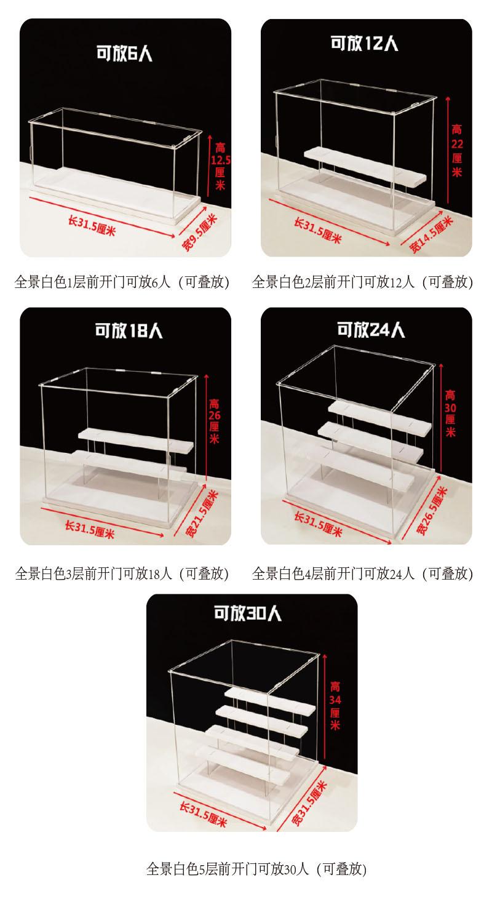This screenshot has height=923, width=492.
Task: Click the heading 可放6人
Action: [x=124, y=54]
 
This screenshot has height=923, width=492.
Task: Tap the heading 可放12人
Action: [x=364, y=43]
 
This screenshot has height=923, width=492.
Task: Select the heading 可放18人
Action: [x=129, y=330]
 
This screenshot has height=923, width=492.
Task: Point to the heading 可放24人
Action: [x=371, y=330]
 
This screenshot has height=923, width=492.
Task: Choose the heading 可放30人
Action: [x=247, y=613]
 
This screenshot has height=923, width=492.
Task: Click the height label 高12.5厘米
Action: [x=220, y=166]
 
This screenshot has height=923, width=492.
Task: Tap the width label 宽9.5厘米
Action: [x=200, y=232]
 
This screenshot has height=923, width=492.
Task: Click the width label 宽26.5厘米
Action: [x=432, y=511]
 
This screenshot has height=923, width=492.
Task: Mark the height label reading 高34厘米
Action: [x=335, y=706]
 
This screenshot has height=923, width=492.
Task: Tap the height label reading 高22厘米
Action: [x=457, y=151]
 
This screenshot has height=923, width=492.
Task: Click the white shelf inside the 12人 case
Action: [x=365, y=166]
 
